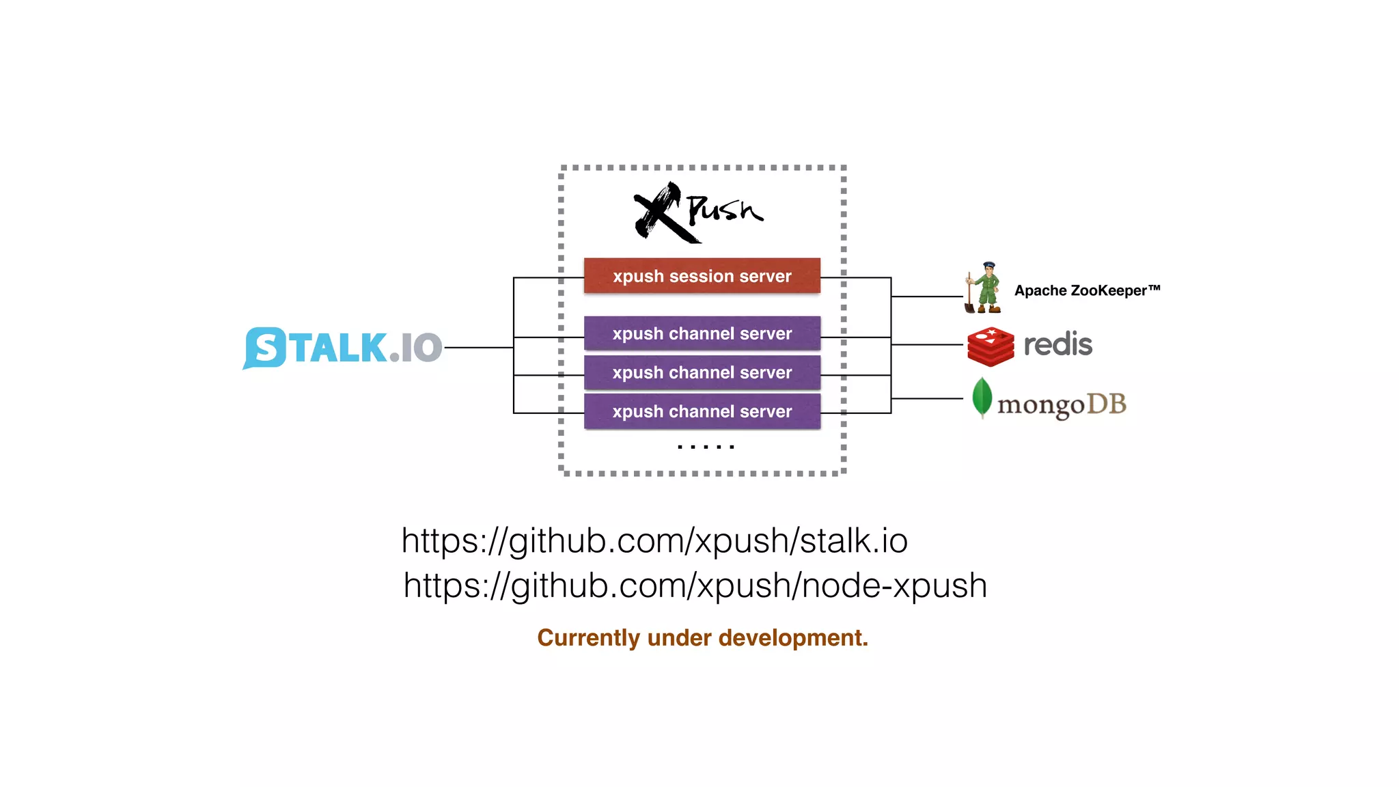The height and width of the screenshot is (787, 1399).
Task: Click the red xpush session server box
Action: [x=702, y=276]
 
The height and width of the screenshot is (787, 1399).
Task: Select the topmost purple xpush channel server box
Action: [x=702, y=333]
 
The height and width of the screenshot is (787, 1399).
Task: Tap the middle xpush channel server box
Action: [x=702, y=372]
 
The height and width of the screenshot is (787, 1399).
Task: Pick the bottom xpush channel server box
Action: [x=702, y=411]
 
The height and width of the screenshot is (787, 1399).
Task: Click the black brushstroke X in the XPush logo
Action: [x=659, y=213]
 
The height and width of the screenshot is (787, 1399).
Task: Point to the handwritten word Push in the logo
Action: [x=724, y=209]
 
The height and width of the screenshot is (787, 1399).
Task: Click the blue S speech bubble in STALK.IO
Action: [x=264, y=348]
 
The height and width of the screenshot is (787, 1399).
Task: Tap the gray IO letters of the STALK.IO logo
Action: [x=421, y=348]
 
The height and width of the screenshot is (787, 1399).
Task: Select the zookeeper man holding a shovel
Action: [x=984, y=288]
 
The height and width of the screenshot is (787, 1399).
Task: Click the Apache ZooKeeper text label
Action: [x=1086, y=290]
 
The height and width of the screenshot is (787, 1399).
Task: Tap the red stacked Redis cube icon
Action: [x=991, y=346]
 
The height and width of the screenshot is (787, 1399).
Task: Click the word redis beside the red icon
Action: [x=1057, y=344]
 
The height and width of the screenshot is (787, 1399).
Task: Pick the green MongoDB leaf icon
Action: [x=982, y=397]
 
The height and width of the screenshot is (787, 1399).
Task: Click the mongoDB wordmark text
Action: [x=1061, y=404]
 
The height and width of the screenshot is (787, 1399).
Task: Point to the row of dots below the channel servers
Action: [x=706, y=447]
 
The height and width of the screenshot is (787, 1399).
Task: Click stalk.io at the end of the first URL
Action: [x=853, y=540]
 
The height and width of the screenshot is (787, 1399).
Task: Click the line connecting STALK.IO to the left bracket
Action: [x=478, y=348]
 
